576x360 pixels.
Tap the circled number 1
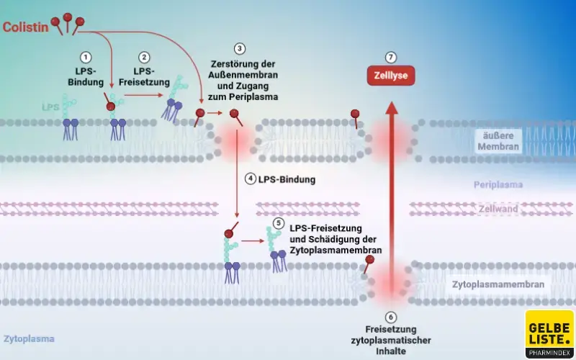click(86, 57)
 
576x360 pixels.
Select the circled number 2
click(145, 57)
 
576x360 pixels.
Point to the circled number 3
click(239, 50)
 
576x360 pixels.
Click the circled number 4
click(251, 179)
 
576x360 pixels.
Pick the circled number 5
click(279, 223)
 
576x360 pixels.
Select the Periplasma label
click(498, 185)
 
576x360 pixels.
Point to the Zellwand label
click(498, 210)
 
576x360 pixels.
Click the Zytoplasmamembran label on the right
click(498, 284)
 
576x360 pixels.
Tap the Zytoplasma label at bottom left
click(29, 338)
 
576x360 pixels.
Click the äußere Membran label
click(498, 140)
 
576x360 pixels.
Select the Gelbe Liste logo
click(549, 333)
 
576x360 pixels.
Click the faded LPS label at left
click(50, 107)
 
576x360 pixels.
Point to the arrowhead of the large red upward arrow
click(391, 108)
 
